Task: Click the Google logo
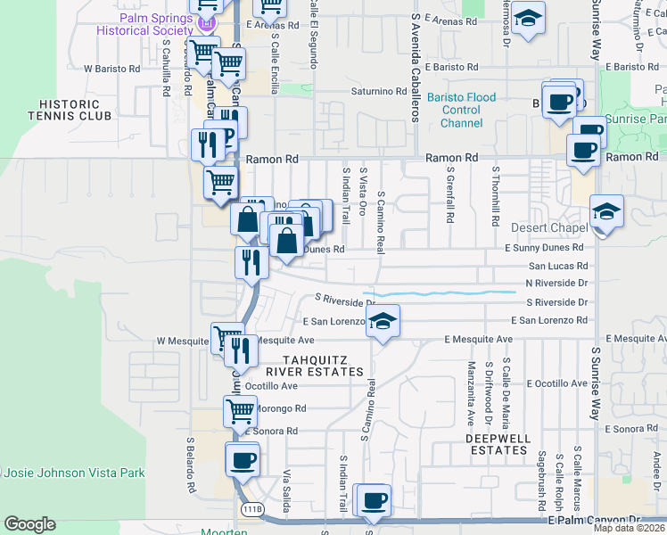(29, 524)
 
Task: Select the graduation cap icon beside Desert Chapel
(606, 211)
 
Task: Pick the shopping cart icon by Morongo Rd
(240, 411)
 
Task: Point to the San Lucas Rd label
(558, 266)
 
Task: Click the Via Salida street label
(287, 485)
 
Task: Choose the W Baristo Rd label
(111, 68)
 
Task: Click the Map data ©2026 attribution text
(629, 528)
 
